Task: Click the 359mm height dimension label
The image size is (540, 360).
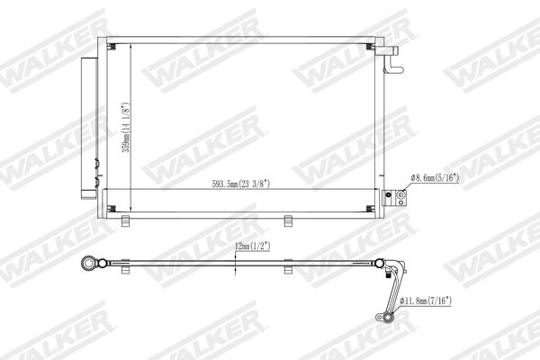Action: point(126,128)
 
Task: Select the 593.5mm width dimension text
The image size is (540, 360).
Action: point(241,184)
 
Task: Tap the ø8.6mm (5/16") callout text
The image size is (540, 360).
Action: point(435,178)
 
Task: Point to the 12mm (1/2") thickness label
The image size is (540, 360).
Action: point(252,246)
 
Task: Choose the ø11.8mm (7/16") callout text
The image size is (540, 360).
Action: point(426,301)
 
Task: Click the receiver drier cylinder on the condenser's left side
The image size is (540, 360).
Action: point(89,128)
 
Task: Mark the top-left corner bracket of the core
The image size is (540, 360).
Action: point(112,47)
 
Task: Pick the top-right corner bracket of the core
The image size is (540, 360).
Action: point(370,47)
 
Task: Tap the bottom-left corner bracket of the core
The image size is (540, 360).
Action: point(112,209)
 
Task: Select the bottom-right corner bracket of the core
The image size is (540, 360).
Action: point(370,209)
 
